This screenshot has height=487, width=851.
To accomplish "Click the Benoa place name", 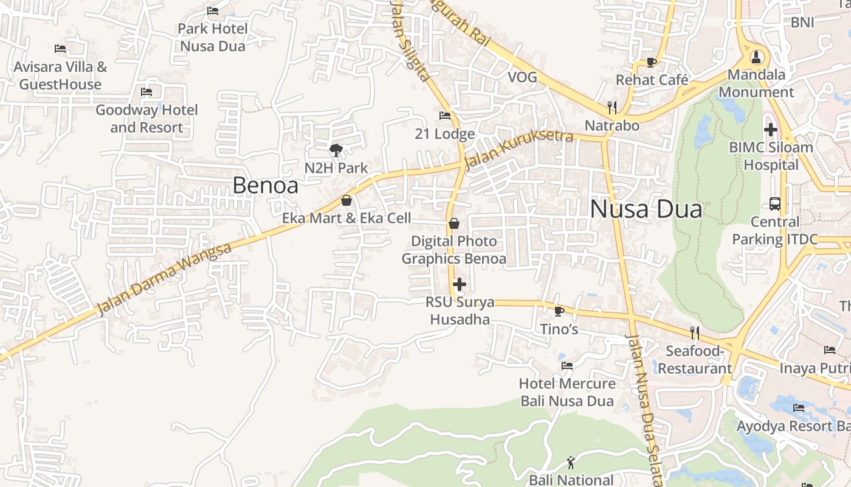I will point(265,186).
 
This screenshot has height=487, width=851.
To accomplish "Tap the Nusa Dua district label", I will point(646,209).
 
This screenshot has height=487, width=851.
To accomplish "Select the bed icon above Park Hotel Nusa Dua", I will point(213,11).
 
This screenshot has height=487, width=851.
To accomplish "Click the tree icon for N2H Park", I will point(336,150).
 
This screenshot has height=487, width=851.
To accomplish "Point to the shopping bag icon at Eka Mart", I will point(346,200).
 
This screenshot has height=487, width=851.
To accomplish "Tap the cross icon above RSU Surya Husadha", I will point(460,284).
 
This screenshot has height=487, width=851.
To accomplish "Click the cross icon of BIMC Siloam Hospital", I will point(770,129).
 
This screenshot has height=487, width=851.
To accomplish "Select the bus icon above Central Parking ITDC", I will point(774,203).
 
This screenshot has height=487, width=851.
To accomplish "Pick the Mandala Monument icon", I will point(756,57).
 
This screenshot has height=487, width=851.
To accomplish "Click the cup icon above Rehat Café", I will point(651,62).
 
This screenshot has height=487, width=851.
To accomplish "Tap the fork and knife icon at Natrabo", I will point(612,108).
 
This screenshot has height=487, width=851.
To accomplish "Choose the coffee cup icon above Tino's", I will point(559,311).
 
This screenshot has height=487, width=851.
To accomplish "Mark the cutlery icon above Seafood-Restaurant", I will point(695,333).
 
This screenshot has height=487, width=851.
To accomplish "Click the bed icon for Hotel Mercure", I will point(567,366).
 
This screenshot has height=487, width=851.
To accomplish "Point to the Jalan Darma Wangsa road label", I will point(165,279).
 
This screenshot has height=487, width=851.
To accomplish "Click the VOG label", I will point(522,77).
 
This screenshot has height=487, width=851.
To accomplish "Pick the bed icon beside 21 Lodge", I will point(445,116).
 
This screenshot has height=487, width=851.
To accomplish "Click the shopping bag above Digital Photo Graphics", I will point(453,223).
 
